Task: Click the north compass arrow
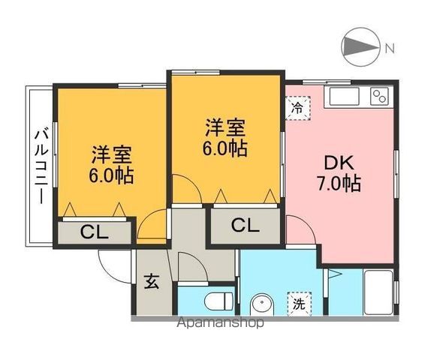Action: tap(360, 47)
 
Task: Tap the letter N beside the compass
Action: tap(389, 49)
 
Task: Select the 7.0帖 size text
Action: tap(339, 182)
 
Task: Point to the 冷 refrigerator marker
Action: tap(298, 107)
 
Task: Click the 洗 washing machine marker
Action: tap(300, 304)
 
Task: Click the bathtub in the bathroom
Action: tap(378, 293)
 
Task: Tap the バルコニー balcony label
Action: tap(41, 166)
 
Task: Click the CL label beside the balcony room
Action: tap(95, 231)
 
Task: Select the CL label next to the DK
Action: tap(245, 224)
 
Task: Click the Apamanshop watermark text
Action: tap(219, 323)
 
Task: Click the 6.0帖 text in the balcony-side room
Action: tap(113, 177)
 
